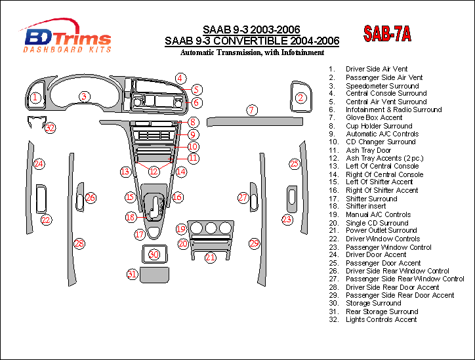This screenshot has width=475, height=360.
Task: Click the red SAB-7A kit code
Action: coord(387,33)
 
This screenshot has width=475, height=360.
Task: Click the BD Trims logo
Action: coord(66,35)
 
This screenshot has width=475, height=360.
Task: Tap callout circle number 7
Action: coord(251,110)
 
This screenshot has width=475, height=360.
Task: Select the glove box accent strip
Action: coord(255,122)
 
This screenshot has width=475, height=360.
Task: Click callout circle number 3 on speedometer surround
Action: coord(84,96)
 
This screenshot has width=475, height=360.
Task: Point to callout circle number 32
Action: coord(50,128)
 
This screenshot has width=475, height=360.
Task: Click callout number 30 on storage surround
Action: coord(154,254)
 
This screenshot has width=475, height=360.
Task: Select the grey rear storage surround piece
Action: coord(154,275)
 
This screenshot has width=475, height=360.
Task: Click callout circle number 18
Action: coord(131,217)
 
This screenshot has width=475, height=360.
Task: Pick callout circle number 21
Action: coord(210,257)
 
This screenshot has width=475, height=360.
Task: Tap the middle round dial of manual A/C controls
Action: coord(211,228)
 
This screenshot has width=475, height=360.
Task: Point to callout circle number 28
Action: coord(79,243)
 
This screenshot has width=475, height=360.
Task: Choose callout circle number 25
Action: coord(294,164)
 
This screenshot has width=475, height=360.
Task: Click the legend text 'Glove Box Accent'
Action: coord(374,117)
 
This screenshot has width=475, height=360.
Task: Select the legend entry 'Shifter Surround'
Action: coord(371,199)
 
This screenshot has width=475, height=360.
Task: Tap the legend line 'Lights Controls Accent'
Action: coord(381,319)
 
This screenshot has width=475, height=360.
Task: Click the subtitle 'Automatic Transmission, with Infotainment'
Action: coord(252,52)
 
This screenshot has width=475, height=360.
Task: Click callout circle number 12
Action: coord(154,172)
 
